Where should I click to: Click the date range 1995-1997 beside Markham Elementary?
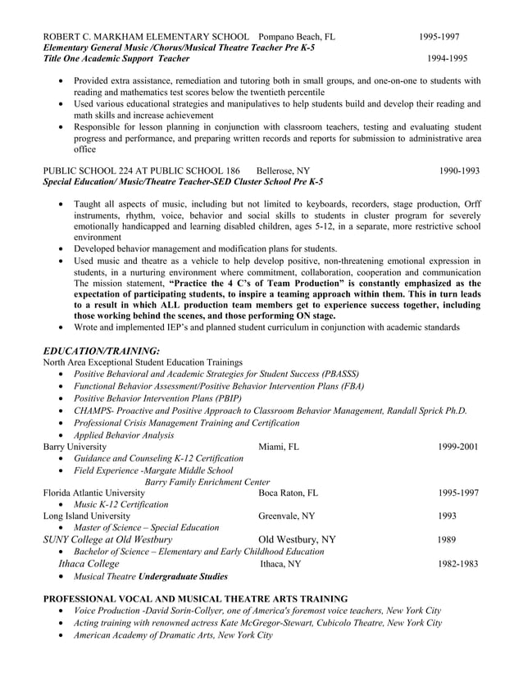pyautogui.click(x=439, y=37)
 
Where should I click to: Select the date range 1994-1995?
pyautogui.click(x=447, y=59)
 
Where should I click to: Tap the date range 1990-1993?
pyautogui.click(x=459, y=170)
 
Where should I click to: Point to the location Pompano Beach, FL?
pyautogui.click(x=296, y=37)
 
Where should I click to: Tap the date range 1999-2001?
pyautogui.click(x=458, y=447)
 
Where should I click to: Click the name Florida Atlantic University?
pyautogui.click(x=93, y=493)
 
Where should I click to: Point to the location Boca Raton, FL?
pyautogui.click(x=288, y=493)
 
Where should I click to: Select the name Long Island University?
pyautogui.click(x=86, y=516)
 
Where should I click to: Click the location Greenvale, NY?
pyautogui.click(x=287, y=516)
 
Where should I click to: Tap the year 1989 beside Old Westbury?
pyautogui.click(x=447, y=540)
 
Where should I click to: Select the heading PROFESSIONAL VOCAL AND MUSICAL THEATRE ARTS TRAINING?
pyautogui.click(x=195, y=599)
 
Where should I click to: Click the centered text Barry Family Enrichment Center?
pyautogui.click(x=207, y=482)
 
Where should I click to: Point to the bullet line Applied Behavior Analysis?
pyautogui.click(x=124, y=435)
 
